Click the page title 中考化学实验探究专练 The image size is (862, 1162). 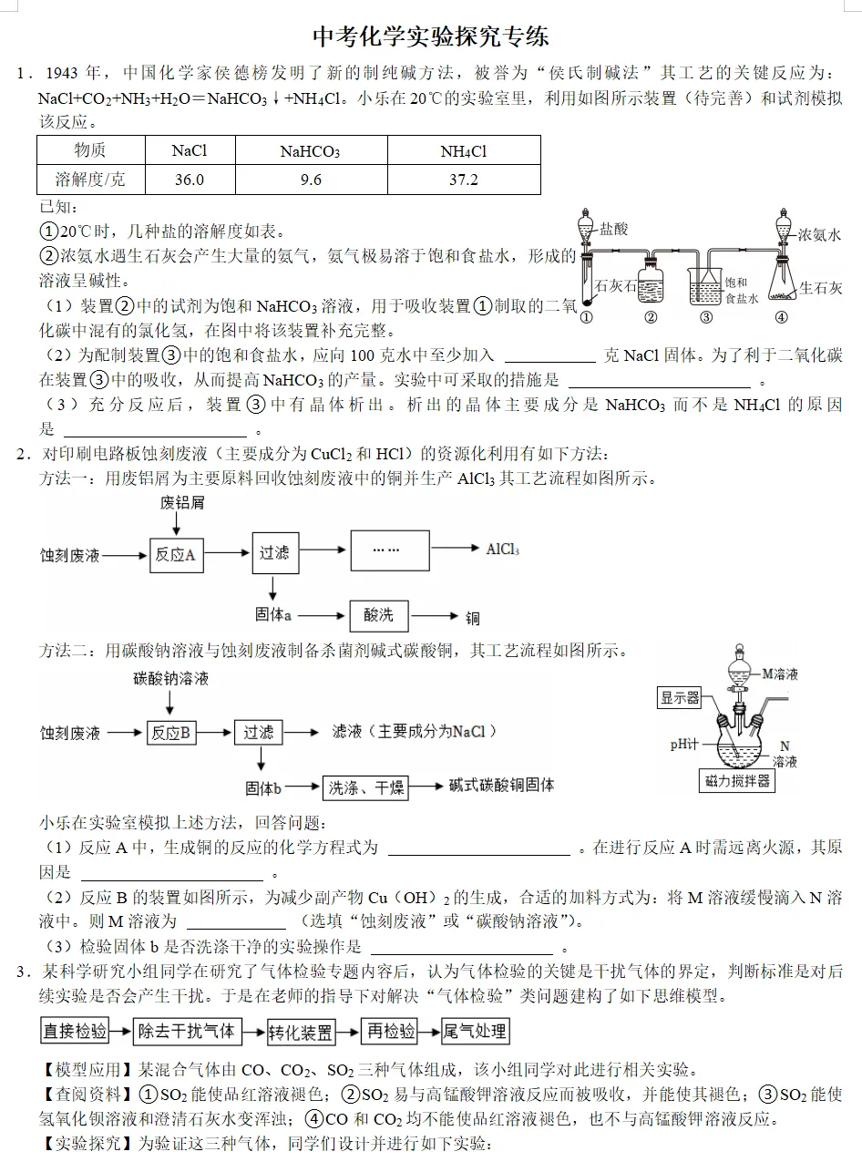point(431,37)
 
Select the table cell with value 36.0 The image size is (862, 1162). point(190,180)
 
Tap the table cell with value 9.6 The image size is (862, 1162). point(311,180)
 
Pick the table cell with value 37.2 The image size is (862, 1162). point(463,180)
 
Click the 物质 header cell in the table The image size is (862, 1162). point(90,150)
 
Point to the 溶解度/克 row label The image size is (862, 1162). point(90,180)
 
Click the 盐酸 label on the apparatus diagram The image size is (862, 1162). point(614,230)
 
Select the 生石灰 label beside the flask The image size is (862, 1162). point(821,288)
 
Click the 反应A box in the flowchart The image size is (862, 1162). point(176,554)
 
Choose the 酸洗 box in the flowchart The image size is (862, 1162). point(378,615)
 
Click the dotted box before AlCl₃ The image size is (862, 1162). point(388,550)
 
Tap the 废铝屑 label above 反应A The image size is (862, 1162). point(182,503)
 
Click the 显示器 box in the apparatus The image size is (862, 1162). point(680,698)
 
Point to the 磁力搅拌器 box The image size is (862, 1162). point(737,781)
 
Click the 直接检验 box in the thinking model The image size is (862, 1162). point(75,1031)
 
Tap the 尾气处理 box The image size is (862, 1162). point(475,1031)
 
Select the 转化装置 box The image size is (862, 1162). point(301,1033)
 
